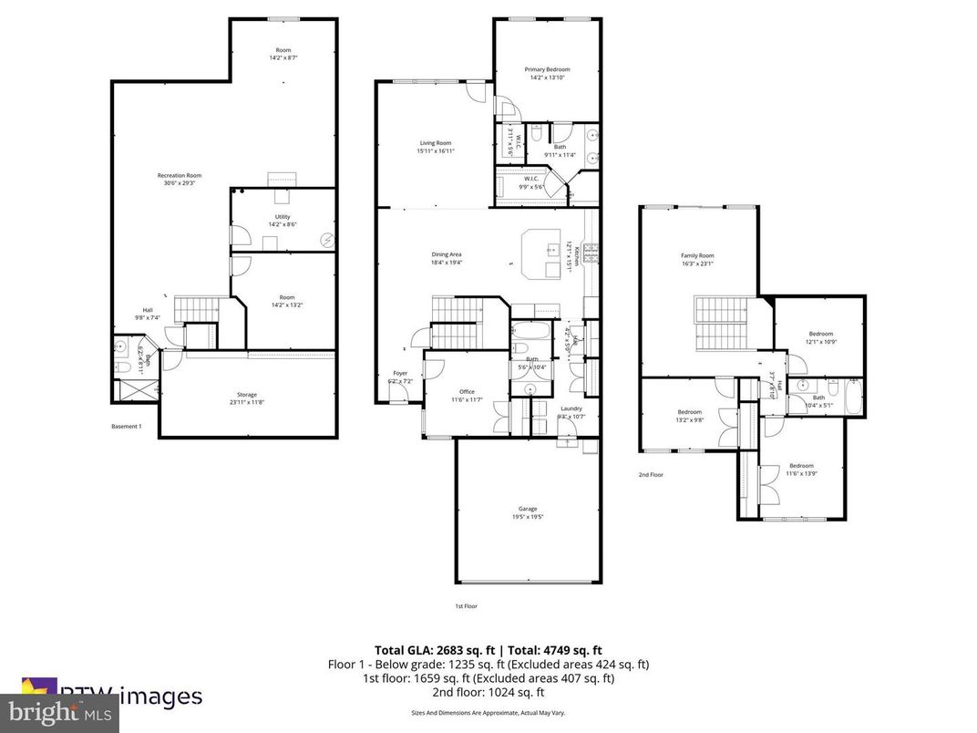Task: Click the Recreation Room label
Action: pos(180,175)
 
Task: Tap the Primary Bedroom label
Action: pos(547,69)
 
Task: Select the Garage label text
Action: pos(528,509)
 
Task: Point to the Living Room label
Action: pos(435,143)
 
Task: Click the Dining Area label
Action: pos(447,254)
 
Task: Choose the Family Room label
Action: pos(697,255)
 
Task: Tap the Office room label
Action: pos(467,392)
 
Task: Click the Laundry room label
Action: pos(571,408)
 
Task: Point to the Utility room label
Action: pos(283,216)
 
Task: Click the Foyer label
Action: pos(400,373)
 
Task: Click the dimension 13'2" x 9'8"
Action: pos(689,420)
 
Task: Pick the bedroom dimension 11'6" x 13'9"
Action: pos(801,473)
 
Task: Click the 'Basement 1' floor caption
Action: pos(127,427)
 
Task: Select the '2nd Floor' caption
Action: pos(650,475)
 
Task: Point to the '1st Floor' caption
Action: pos(466,606)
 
